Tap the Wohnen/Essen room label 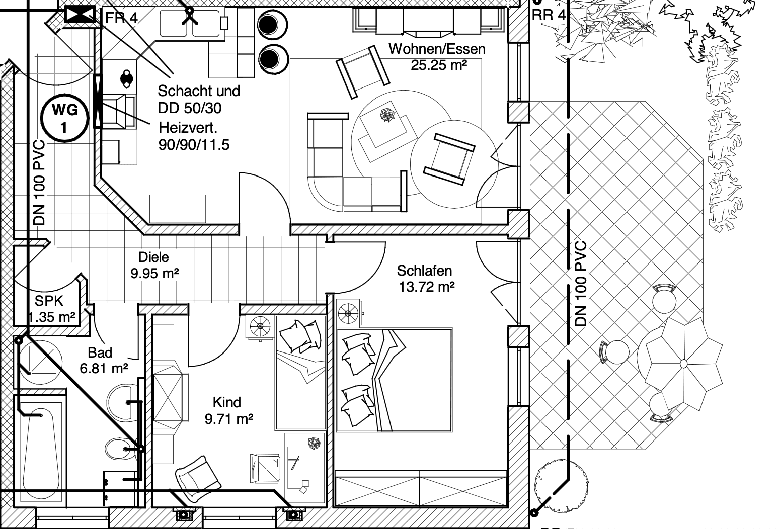coord(437,49)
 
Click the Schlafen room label coord(424,271)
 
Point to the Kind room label coord(227,402)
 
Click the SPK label coord(49,301)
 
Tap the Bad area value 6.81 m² coord(104,369)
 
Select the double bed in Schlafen coord(394,380)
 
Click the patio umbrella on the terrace coord(683,363)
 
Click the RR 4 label coord(549,15)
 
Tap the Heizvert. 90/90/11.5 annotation coord(194,136)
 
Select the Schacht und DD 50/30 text coord(198,99)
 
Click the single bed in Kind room coord(300,372)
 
